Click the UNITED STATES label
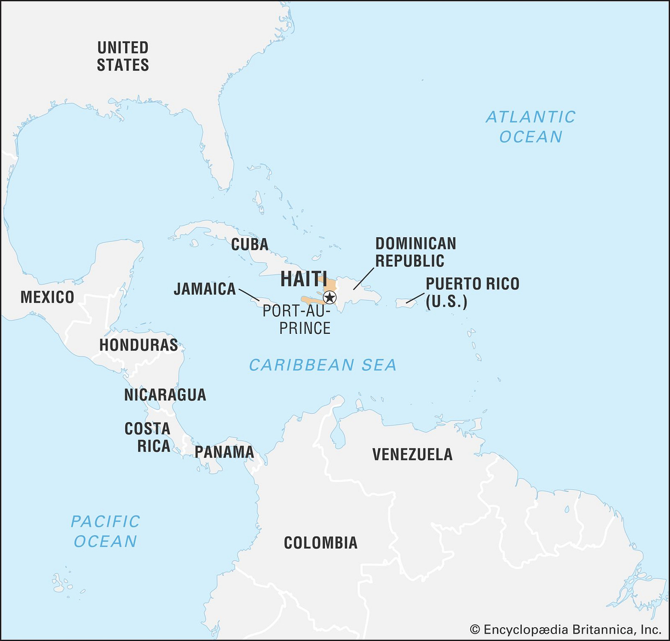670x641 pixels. click(x=123, y=56)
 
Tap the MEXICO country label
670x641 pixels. click(x=47, y=297)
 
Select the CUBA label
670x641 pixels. click(x=249, y=244)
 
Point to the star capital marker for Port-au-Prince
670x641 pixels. click(x=329, y=297)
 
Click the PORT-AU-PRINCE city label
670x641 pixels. click(x=297, y=320)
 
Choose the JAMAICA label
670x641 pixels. click(x=205, y=289)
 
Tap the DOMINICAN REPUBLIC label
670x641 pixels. click(x=416, y=252)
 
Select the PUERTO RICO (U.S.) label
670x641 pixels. click(x=472, y=292)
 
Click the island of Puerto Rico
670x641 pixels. click(x=406, y=303)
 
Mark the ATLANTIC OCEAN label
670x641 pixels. click(x=531, y=127)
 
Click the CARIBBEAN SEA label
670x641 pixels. click(x=323, y=365)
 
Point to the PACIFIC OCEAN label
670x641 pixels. click(x=105, y=532)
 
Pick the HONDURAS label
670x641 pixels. click(x=139, y=345)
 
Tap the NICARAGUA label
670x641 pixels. click(x=165, y=395)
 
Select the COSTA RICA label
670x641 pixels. click(x=148, y=437)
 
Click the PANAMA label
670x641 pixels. click(x=224, y=452)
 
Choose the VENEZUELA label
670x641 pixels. click(x=412, y=454)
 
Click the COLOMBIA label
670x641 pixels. click(x=321, y=543)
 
